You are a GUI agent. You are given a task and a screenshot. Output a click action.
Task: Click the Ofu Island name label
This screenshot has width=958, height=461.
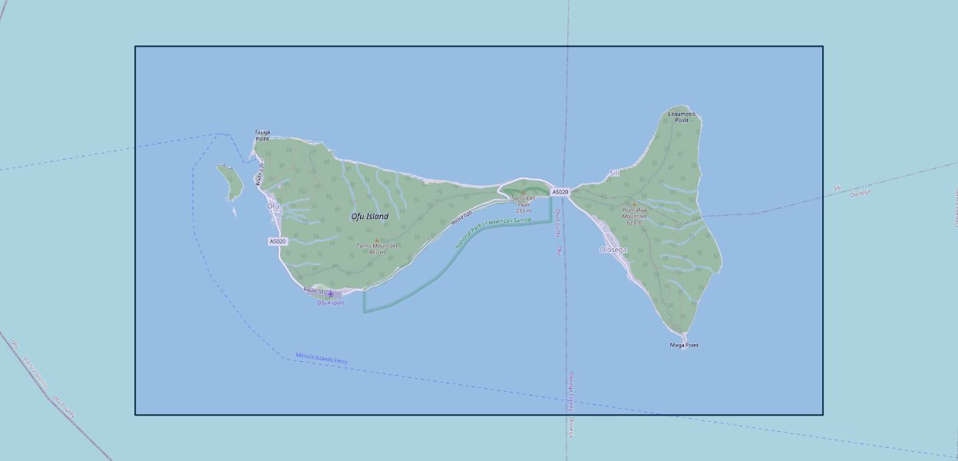point(370,217)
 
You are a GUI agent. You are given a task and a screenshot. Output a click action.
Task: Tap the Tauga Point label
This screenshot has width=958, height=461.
point(263,135)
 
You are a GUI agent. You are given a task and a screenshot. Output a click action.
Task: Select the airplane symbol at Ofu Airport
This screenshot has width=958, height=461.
point(331,294)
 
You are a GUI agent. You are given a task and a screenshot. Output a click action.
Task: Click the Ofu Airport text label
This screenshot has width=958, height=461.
point(331,303)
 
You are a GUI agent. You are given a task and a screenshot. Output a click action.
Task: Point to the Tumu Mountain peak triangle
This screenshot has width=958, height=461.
point(376,240)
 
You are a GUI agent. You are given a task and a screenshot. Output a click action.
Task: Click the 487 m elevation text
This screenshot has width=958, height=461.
point(376,252)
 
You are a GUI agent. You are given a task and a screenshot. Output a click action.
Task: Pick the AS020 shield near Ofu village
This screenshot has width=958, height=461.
point(278,241)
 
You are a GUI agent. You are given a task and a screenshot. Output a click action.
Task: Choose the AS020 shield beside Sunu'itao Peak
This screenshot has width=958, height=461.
point(560,191)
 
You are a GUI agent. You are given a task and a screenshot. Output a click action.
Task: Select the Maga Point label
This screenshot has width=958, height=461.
point(684,345)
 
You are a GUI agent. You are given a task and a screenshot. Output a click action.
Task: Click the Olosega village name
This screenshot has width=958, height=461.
point(613,250)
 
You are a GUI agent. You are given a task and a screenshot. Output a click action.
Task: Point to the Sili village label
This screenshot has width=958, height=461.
point(614,174)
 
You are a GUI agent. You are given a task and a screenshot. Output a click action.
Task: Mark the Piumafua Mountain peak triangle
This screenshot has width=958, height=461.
point(634,204)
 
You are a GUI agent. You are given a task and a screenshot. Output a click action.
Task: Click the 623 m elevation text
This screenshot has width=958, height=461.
point(634,223)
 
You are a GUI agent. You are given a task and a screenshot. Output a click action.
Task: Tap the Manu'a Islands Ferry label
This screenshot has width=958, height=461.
point(322,359)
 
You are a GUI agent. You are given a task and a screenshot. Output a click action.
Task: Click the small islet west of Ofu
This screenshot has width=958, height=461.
point(230,181)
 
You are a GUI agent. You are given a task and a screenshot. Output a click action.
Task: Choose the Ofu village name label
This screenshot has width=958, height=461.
point(273,207)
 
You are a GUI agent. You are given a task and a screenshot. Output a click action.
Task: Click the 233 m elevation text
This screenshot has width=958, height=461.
point(524,211)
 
